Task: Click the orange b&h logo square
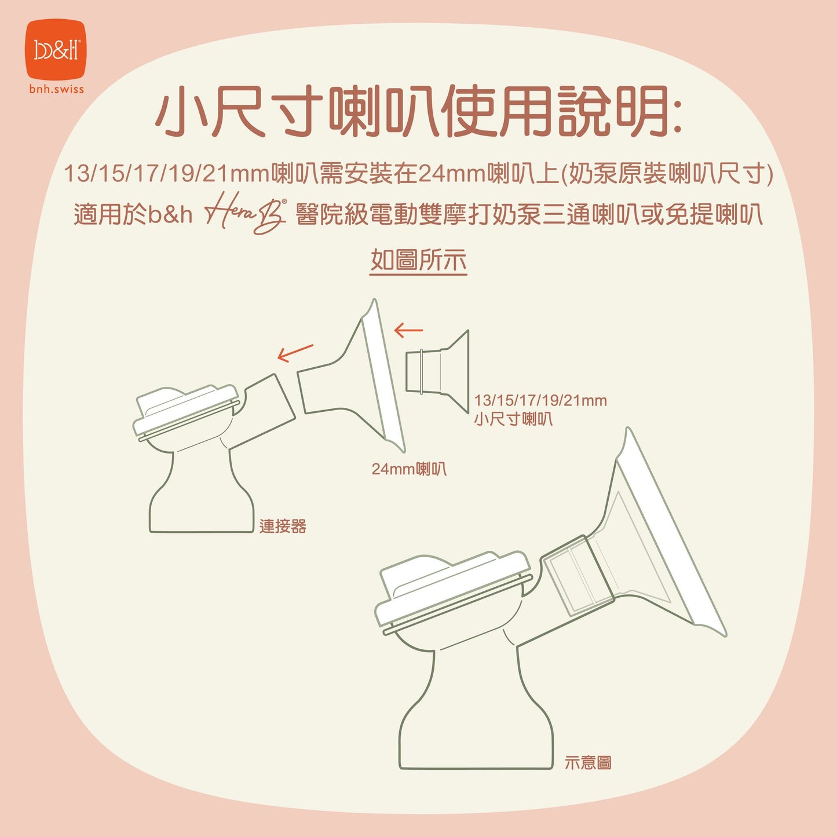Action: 56,50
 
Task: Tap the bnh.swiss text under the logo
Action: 56,89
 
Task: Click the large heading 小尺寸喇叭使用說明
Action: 418,112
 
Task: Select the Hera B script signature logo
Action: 246,215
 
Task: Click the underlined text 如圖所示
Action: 418,260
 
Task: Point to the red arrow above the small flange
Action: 408,330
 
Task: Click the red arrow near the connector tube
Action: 295,352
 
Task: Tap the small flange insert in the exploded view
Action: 437,371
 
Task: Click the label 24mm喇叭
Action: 409,469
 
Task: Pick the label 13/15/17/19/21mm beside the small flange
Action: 540,400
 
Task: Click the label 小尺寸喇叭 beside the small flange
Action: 513,419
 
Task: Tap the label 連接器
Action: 283,526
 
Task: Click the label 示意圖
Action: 588,763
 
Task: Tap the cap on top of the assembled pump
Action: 452,585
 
